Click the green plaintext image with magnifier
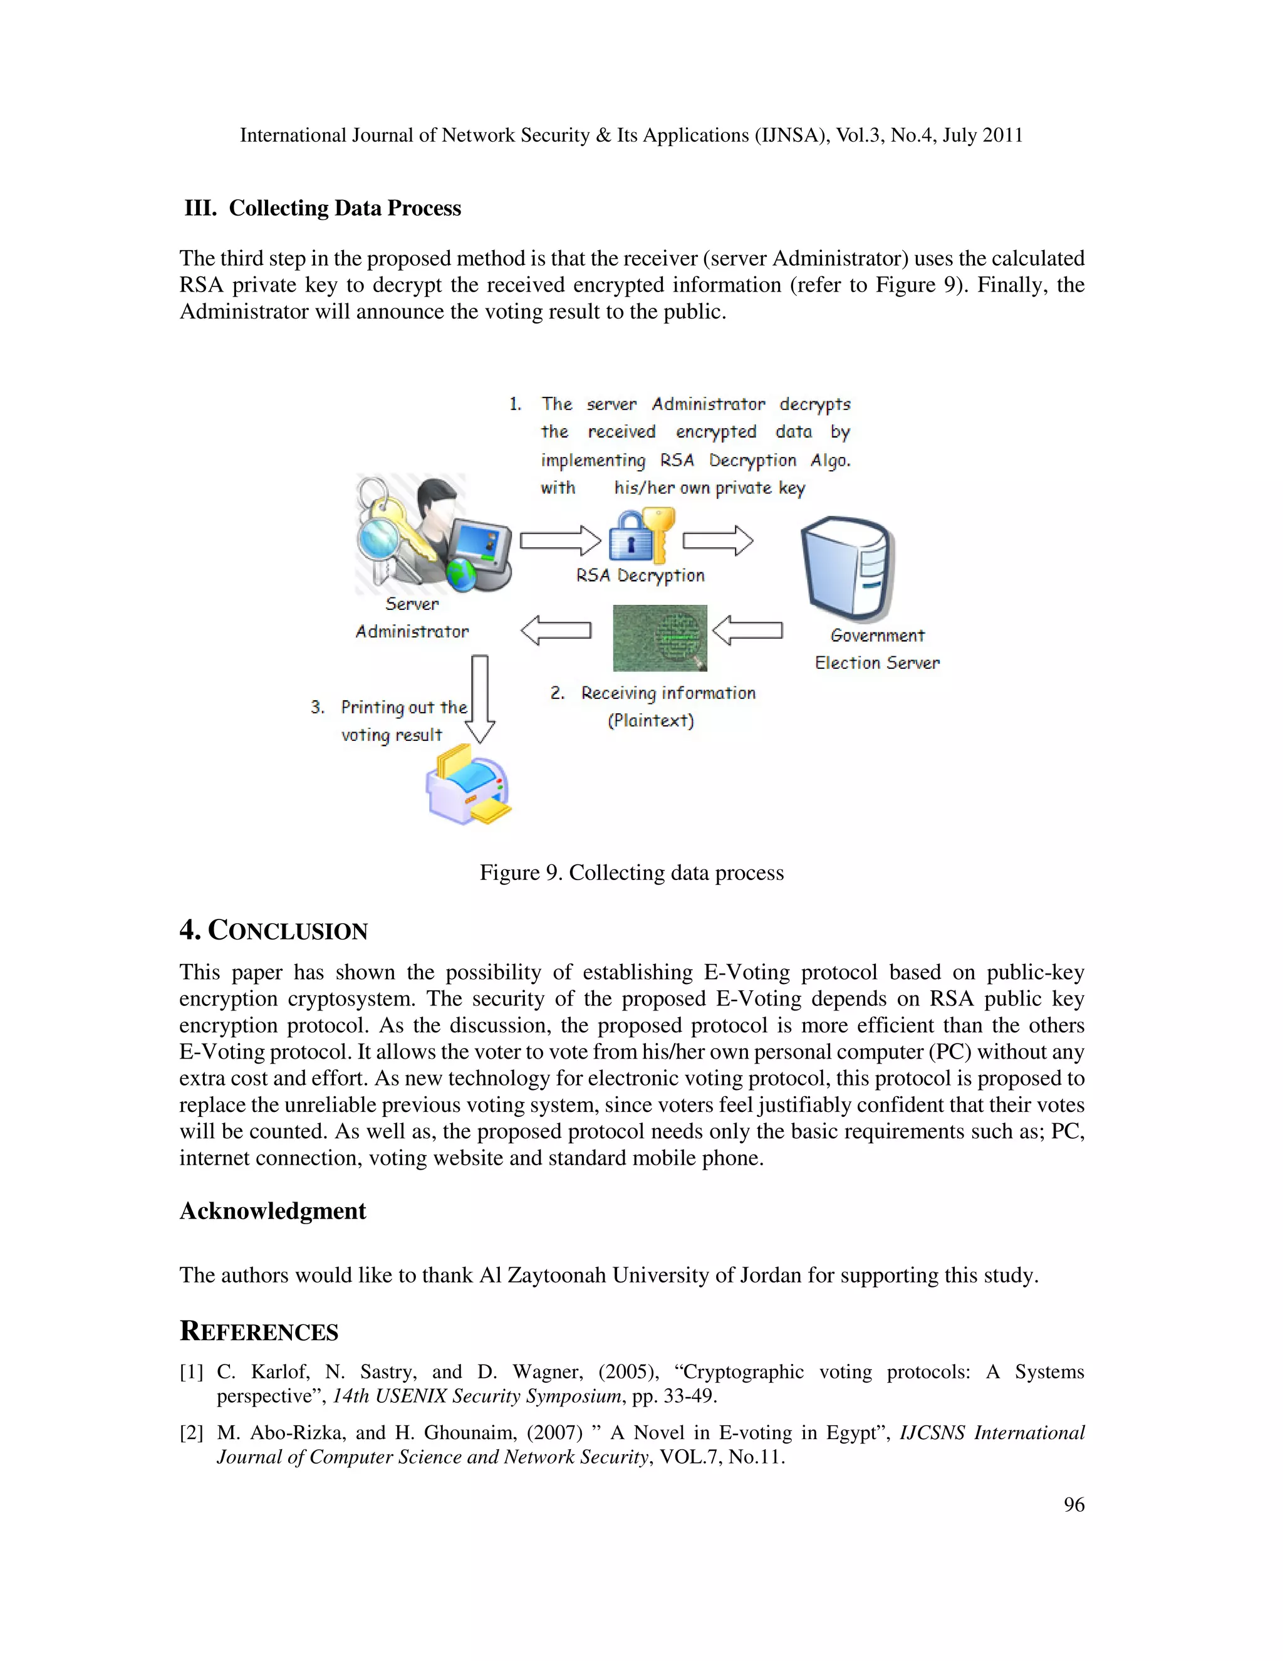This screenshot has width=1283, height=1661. pos(660,638)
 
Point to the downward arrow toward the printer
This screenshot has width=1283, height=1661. pos(480,698)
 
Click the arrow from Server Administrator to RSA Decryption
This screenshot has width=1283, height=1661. pos(560,541)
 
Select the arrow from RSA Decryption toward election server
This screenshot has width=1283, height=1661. pos(717,541)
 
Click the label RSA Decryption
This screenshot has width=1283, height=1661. pos(640,576)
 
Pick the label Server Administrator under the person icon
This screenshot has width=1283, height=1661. pos(412,617)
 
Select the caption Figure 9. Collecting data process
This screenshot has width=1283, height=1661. pos(631,872)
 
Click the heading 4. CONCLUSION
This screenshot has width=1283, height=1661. pos(274,930)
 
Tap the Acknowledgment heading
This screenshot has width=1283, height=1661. pos(272,1211)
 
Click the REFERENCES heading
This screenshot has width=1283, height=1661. pos(259,1331)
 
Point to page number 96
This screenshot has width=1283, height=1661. pos(1073,1504)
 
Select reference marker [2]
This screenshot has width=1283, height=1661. pos(191,1433)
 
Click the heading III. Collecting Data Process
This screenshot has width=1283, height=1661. pos(322,208)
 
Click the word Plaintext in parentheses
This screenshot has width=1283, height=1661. pos(651,721)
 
